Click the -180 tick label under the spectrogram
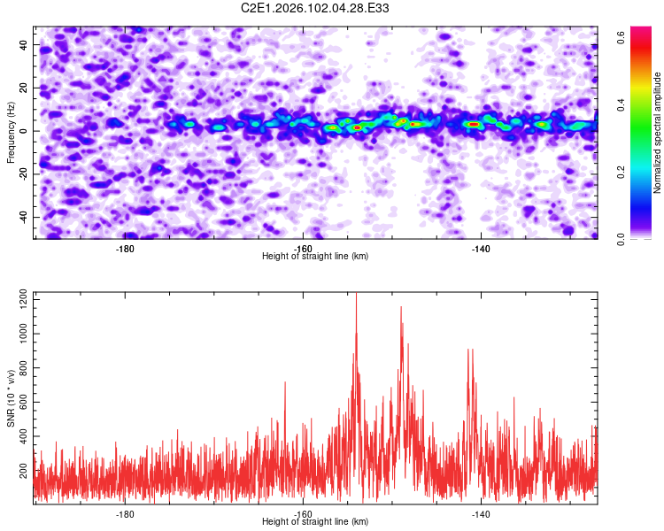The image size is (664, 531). click(125, 248)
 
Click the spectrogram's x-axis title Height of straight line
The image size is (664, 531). click(315, 257)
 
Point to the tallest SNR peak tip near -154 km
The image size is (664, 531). click(356, 294)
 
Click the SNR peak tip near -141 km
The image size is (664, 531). click(470, 349)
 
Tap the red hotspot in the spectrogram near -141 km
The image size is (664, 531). click(475, 125)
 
